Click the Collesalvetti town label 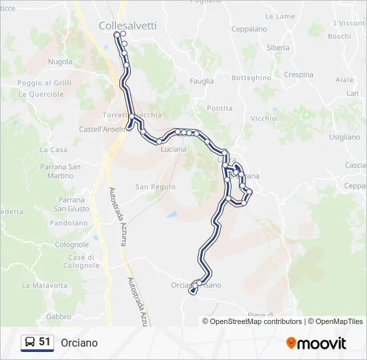click(x=127, y=25)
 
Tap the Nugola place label click(x=60, y=62)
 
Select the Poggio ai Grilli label click(x=44, y=83)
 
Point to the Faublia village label click(x=202, y=81)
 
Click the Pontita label click(x=220, y=108)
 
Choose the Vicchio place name click(x=263, y=119)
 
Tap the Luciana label click(x=173, y=149)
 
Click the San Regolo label click(x=155, y=187)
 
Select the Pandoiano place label click(x=69, y=223)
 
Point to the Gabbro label click(x=59, y=317)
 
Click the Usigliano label click(x=344, y=137)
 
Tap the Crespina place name click(x=298, y=75)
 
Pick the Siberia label click(x=278, y=48)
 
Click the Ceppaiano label click(x=249, y=29)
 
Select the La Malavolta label click(x=45, y=285)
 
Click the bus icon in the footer click(x=30, y=343)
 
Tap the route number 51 click(x=45, y=342)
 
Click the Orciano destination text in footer click(x=79, y=343)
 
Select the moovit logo click(x=316, y=343)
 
